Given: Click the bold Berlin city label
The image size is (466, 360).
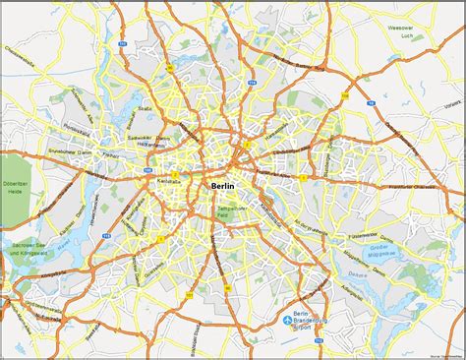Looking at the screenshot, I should click(x=228, y=184).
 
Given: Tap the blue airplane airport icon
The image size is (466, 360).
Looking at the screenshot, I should click(x=290, y=320).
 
